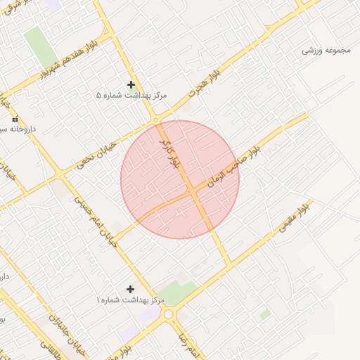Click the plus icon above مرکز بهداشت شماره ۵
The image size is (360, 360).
coord(131,84)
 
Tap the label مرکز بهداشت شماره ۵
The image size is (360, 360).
coord(132,94)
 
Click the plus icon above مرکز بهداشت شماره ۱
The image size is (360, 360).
coord(130,289)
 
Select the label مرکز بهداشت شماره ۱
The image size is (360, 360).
coord(131,300)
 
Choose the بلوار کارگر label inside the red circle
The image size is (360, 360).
coord(172,153)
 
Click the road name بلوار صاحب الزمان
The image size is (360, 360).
coord(234,160)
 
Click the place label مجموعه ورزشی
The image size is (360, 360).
coord(328,51)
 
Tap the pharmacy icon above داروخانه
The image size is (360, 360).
coord(15,120)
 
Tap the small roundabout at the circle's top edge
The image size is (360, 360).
coord(155,120)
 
